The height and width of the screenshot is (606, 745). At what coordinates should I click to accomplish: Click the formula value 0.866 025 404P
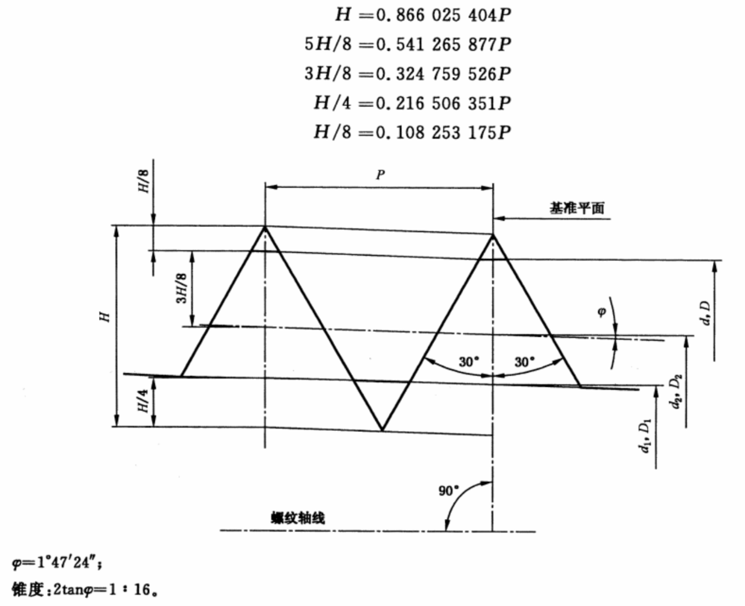(444, 15)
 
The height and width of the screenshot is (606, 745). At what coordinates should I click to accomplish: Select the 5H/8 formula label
(328, 44)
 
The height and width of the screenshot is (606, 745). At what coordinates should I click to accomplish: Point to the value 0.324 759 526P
(444, 74)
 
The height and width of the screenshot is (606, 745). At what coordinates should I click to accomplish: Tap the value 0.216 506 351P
(444, 103)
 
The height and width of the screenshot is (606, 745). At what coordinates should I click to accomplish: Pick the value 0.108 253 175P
(444, 132)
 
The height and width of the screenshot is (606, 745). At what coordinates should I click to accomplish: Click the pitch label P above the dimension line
(380, 174)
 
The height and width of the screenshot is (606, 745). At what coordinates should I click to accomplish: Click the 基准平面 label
(576, 208)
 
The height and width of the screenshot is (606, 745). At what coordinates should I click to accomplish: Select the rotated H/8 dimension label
(144, 181)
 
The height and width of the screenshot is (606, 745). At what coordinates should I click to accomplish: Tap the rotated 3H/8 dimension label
(182, 288)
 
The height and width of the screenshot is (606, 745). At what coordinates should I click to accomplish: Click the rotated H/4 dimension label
(143, 401)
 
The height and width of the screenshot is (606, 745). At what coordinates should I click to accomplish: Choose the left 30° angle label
(469, 361)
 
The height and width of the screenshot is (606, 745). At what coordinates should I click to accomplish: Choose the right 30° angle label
(525, 361)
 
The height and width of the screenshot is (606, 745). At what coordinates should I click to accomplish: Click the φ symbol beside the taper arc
(602, 312)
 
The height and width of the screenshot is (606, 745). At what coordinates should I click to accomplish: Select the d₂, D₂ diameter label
(677, 392)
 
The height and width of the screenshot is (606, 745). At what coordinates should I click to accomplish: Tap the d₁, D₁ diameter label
(646, 436)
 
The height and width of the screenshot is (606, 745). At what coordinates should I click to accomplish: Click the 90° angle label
(449, 491)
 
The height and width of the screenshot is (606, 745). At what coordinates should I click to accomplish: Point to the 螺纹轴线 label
(298, 518)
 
